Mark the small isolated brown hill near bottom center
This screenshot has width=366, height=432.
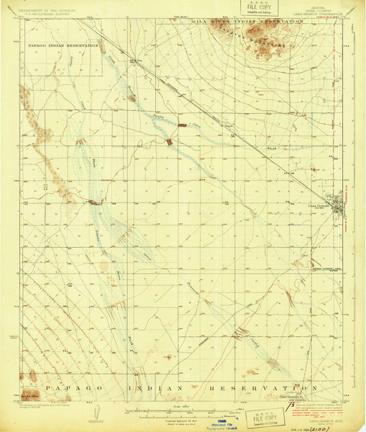point(168,356)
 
